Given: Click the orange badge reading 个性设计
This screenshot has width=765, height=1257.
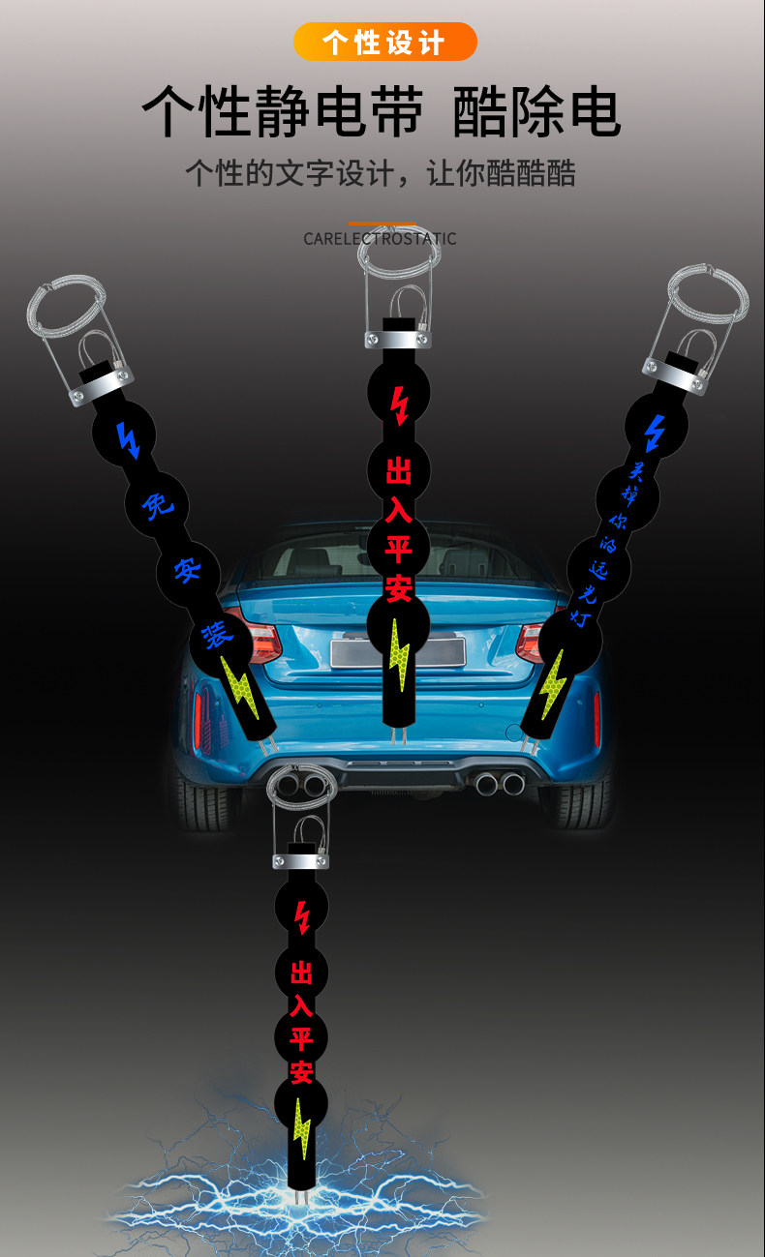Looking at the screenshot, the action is click(x=384, y=43).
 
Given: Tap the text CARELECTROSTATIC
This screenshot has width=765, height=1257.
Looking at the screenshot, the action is click(x=380, y=238).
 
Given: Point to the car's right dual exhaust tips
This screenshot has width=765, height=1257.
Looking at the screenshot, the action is click(x=500, y=782).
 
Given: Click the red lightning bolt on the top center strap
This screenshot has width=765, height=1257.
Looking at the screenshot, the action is click(x=398, y=406).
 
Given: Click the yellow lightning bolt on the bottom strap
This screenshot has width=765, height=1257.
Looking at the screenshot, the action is click(x=302, y=1128).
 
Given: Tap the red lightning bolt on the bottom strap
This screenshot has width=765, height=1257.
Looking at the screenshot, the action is click(x=302, y=916).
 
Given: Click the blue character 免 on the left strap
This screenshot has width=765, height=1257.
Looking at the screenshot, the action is click(x=153, y=506).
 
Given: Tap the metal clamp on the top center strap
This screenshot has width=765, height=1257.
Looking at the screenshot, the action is click(x=398, y=339).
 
